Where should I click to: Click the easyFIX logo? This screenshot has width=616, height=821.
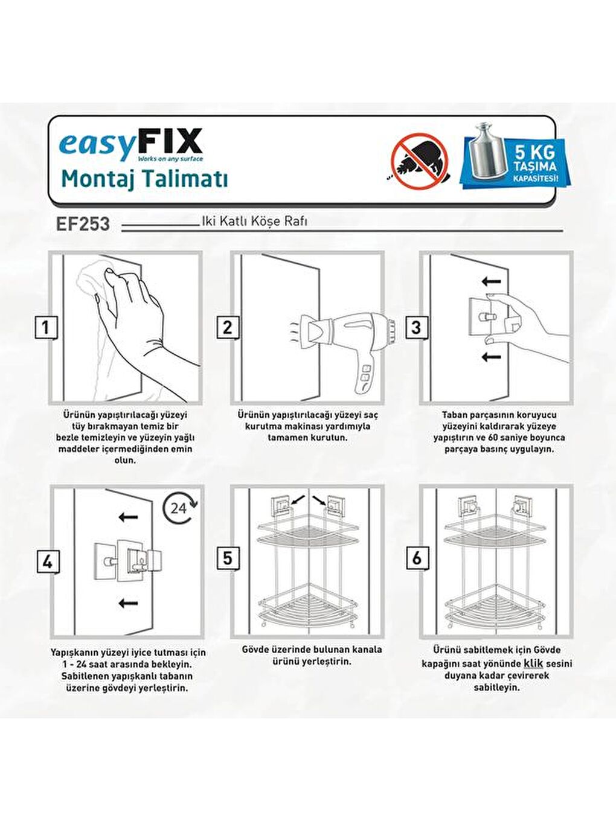coord(130,145)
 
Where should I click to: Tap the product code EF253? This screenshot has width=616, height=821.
coord(83,224)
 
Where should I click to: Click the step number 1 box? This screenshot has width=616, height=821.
coord(45,328)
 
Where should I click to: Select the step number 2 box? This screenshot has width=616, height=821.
coord(227,328)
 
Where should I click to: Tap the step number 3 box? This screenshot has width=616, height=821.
coord(415,328)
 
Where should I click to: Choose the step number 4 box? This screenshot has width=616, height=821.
coord(47,562)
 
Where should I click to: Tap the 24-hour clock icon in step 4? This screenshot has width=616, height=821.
coord(179,508)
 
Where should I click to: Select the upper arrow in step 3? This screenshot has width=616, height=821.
coord(492,281)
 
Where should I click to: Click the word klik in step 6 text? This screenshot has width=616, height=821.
coord(533,663)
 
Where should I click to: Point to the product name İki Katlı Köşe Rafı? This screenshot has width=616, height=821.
coord(254,221)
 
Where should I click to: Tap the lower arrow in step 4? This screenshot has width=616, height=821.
coord(127,602)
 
